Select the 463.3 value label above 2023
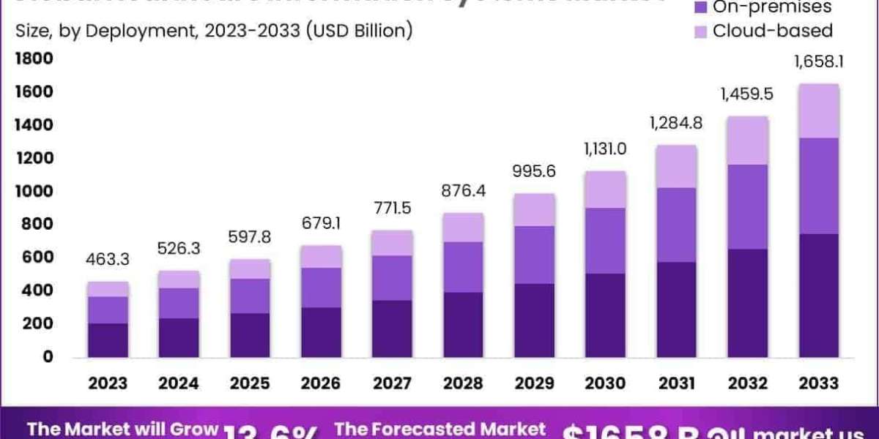coord(108,259)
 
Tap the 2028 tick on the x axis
coord(462,383)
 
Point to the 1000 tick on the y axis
coord(31,191)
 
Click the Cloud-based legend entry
coord(772,31)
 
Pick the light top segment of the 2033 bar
coord(818,110)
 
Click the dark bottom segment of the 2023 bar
coord(108,339)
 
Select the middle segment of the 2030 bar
coord(605,241)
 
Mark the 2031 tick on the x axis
coord(676,383)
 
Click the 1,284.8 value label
coord(676,123)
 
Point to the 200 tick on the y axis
coord(37,323)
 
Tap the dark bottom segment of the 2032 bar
coord(747,303)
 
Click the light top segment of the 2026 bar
coord(321,256)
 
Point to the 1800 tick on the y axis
coord(31,58)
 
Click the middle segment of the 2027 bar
coord(392,278)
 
